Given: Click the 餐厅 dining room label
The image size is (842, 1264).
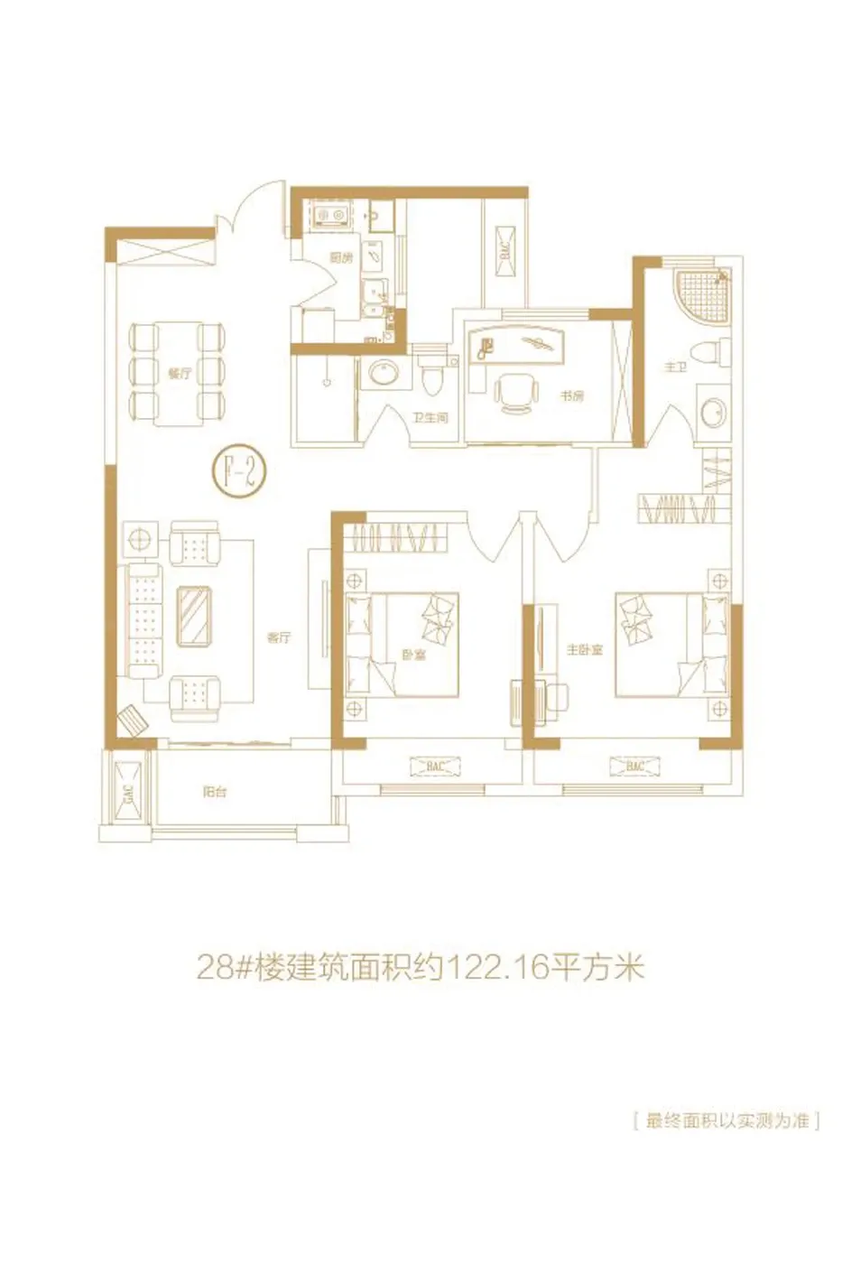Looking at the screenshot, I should pyautogui.click(x=180, y=373).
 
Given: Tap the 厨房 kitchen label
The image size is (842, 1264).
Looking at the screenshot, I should pyautogui.click(x=341, y=258).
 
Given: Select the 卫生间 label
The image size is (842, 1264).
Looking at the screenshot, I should pyautogui.click(x=430, y=418).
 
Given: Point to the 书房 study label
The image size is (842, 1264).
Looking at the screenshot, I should pyautogui.click(x=571, y=395).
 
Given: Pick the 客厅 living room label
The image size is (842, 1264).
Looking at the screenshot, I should pyautogui.click(x=279, y=637).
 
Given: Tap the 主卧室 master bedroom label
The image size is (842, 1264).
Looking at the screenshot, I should pyautogui.click(x=584, y=650).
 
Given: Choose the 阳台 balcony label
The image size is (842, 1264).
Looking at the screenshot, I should pyautogui.click(x=215, y=792).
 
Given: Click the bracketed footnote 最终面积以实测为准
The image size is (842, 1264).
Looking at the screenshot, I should pyautogui.click(x=726, y=1121).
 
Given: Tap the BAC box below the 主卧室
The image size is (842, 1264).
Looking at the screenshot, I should pyautogui.click(x=634, y=767).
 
